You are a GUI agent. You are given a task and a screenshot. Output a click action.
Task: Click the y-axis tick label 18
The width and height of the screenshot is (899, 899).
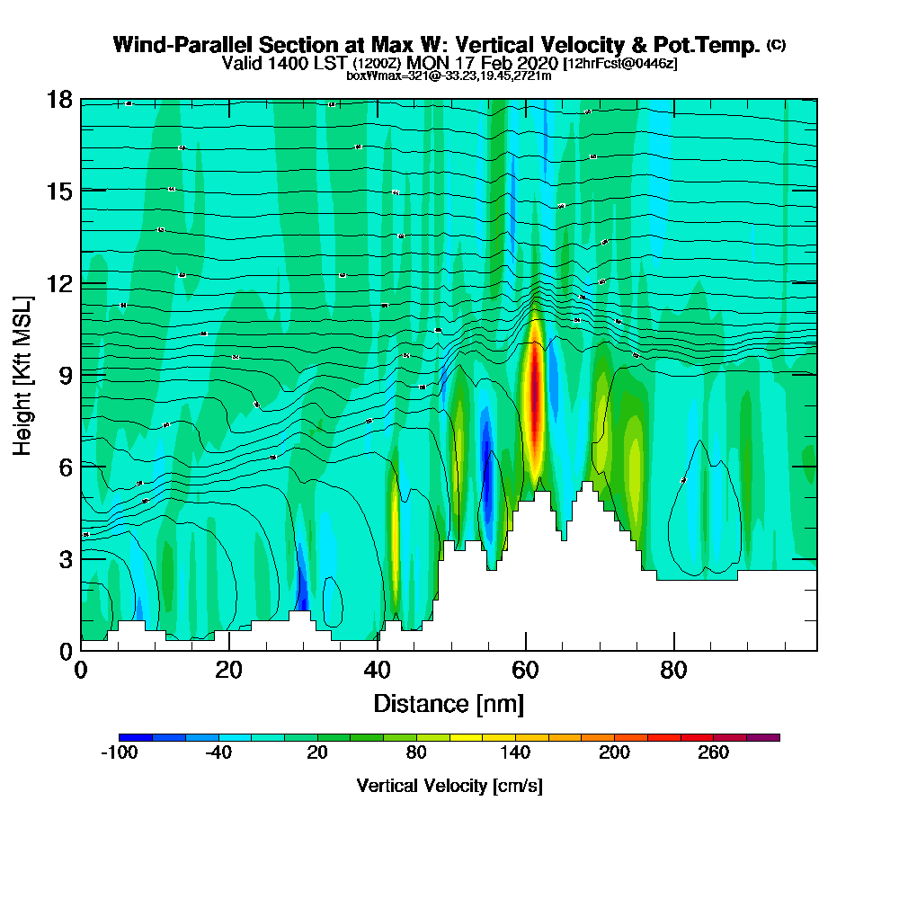(x=59, y=99)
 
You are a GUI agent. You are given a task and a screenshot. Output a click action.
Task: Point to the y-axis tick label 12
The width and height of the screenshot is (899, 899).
(x=59, y=282)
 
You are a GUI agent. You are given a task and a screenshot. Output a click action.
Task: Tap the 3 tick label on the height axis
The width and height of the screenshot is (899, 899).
(x=65, y=558)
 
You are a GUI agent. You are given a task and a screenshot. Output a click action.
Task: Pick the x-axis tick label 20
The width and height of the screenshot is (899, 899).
(x=229, y=671)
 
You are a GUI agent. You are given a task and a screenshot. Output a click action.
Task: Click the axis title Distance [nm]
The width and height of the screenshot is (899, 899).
(x=449, y=703)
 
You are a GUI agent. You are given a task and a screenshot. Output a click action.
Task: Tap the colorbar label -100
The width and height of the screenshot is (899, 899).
(x=119, y=753)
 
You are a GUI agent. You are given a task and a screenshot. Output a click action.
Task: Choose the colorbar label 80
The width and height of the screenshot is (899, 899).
(x=415, y=753)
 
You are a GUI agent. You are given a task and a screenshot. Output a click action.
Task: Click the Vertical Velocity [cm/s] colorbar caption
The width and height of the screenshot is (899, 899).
(x=449, y=786)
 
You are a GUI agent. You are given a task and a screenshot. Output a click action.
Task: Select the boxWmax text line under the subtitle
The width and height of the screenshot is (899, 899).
(x=449, y=76)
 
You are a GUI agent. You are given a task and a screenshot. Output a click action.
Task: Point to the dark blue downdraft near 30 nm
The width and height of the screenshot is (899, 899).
(x=302, y=589)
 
